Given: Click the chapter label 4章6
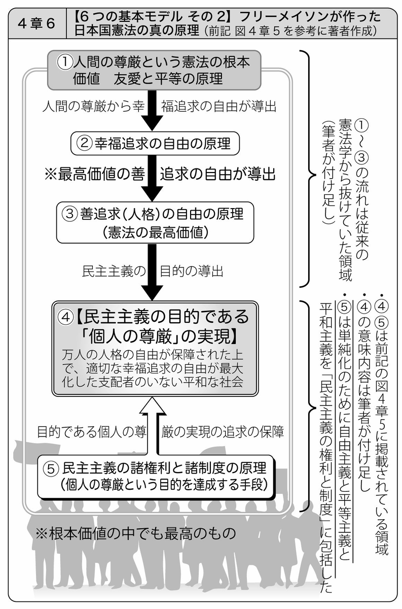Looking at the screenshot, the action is click(x=36, y=24).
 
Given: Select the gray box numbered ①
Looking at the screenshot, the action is click(x=154, y=70).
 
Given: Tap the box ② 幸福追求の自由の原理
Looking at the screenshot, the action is click(x=155, y=143).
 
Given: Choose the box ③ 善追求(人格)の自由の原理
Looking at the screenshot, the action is click(x=155, y=222).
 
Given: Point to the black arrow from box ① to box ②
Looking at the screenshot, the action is click(x=153, y=111).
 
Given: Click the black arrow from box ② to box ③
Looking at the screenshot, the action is click(x=153, y=178).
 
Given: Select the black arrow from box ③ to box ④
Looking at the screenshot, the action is click(x=153, y=272).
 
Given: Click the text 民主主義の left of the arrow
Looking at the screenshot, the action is click(x=114, y=272).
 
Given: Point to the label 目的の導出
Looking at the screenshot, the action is click(x=192, y=272).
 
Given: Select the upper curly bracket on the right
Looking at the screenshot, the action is click(x=308, y=168).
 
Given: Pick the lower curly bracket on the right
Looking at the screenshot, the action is click(x=308, y=405).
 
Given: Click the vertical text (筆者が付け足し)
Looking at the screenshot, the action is click(x=327, y=175).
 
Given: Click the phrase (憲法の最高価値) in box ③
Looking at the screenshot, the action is click(x=155, y=232).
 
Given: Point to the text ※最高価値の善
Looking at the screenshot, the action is click(x=95, y=174).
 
